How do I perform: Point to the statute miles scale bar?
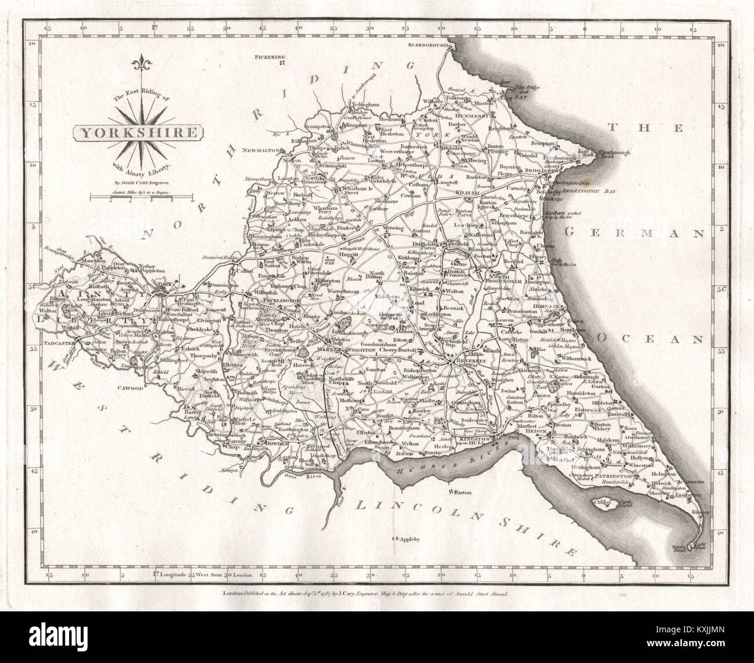point(142,198)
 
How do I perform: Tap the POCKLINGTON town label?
point(280,302)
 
